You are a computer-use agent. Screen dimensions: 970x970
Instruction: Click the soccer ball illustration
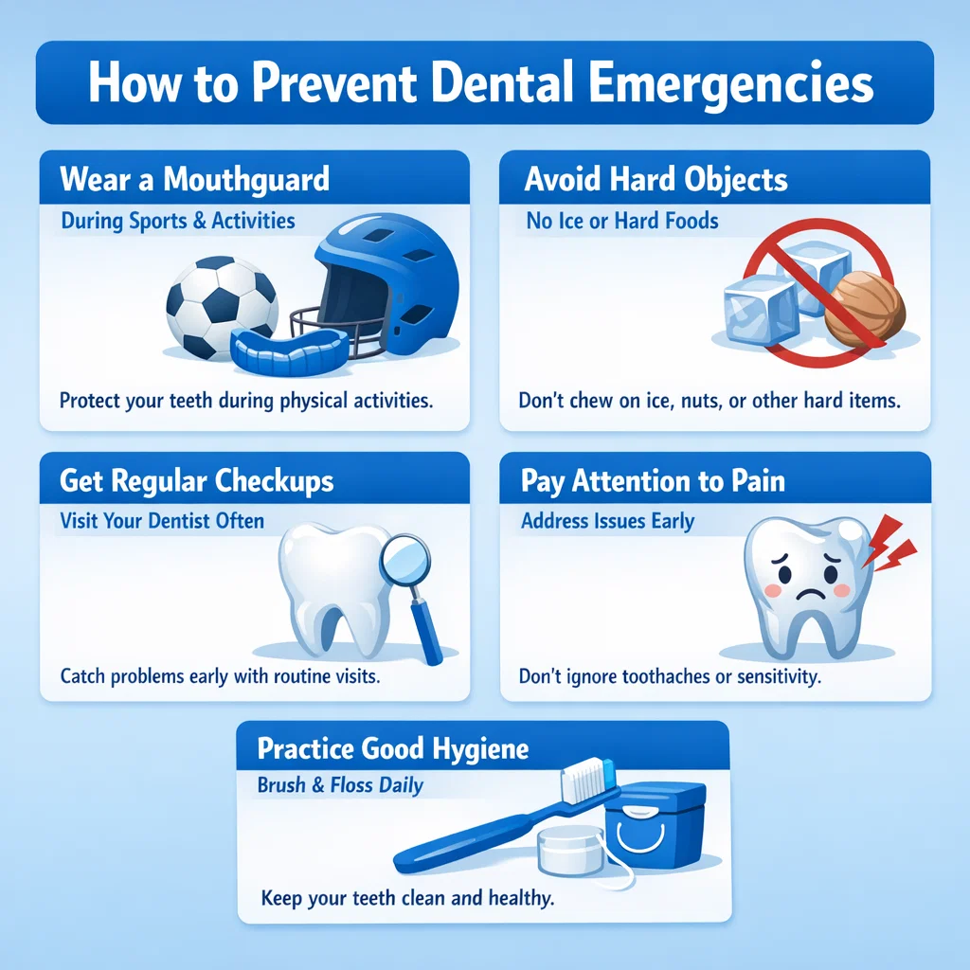tap(222, 305)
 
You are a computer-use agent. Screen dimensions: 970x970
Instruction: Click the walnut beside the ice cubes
tap(864, 307)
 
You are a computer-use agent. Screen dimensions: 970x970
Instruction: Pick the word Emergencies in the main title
tap(731, 83)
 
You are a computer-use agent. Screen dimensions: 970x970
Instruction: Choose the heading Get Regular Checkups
tap(197, 480)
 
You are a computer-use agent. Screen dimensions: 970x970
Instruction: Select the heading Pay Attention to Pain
tap(653, 480)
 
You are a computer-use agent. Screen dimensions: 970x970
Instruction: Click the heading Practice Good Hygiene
tap(393, 749)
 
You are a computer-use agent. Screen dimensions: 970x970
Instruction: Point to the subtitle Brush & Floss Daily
tap(340, 785)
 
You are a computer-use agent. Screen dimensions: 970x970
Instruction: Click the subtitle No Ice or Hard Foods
tap(621, 222)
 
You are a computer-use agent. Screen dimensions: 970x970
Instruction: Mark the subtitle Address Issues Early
tap(607, 521)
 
